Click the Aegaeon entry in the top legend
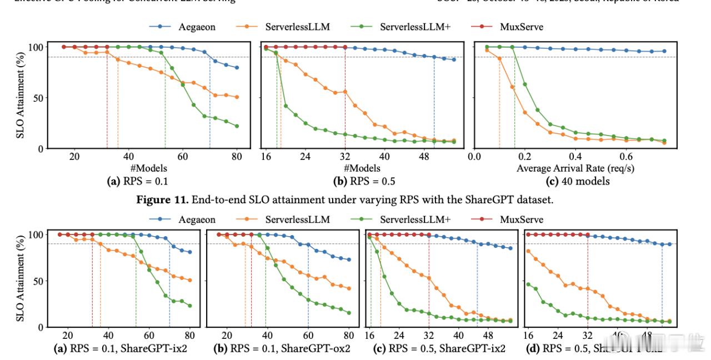tap(197, 27)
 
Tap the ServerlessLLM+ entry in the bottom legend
tap(414, 220)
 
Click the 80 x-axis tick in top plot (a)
tap(237, 158)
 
